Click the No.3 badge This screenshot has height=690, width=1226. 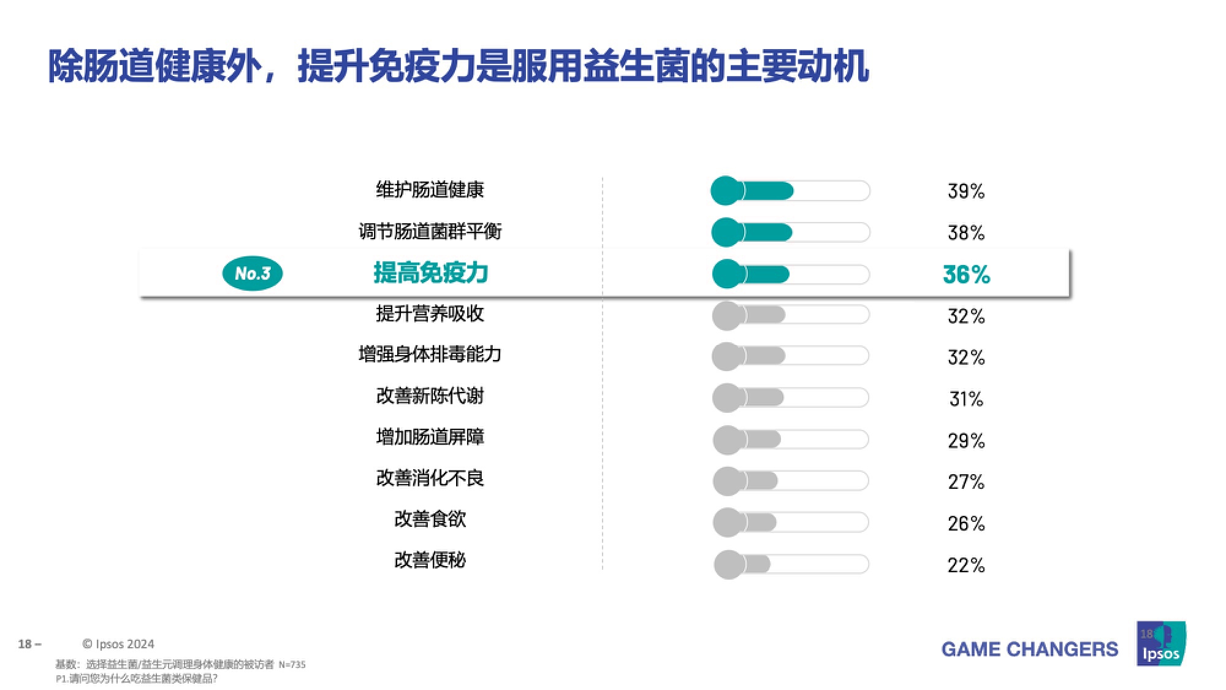(252, 273)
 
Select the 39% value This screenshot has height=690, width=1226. (966, 191)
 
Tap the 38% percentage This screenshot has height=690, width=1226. (966, 233)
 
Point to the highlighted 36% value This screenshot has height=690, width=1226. (966, 274)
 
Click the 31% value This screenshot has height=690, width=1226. (966, 399)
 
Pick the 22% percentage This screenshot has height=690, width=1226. (966, 565)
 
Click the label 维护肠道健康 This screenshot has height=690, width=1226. (430, 190)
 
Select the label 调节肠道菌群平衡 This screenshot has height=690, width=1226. (430, 231)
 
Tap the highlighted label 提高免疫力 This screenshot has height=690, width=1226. (430, 273)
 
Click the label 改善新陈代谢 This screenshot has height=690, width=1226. (430, 396)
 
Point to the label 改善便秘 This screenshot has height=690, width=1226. (430, 560)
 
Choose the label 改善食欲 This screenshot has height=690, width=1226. (430, 519)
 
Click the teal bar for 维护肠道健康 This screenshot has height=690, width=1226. (790, 191)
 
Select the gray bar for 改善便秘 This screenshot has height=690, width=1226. (791, 564)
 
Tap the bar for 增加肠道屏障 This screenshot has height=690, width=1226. (791, 439)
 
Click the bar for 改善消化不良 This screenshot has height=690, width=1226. (791, 481)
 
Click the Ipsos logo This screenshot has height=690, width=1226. (1161, 643)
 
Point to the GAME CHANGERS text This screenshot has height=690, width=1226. (1030, 649)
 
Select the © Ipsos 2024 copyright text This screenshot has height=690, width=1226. (118, 644)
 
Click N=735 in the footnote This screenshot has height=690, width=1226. (292, 664)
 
